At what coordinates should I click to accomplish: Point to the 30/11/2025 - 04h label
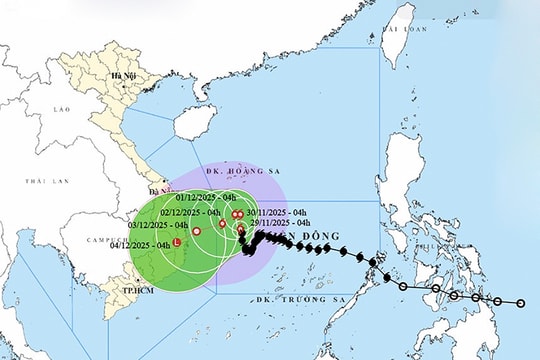[x=279, y=211]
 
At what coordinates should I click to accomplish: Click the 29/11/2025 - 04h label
[x=281, y=223]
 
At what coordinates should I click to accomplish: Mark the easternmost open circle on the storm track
[x=521, y=301]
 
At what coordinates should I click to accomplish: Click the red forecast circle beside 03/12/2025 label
[x=197, y=232]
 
